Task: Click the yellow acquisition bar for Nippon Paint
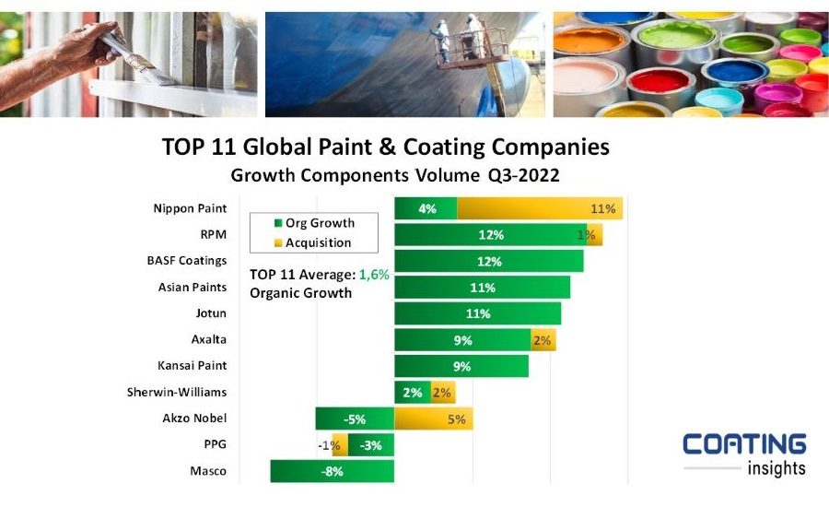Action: [540, 209]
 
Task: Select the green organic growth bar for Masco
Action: [332, 472]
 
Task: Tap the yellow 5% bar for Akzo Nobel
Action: [433, 419]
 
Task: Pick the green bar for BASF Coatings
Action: [488, 262]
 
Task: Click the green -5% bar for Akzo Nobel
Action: [355, 419]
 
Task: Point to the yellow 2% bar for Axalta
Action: [542, 340]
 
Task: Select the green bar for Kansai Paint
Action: [461, 367]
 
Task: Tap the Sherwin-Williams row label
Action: [177, 393]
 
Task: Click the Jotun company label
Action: [211, 313]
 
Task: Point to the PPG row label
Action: [215, 445]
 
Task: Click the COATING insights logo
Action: [744, 454]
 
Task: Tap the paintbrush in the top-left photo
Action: [138, 56]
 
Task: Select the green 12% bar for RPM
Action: [489, 235]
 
